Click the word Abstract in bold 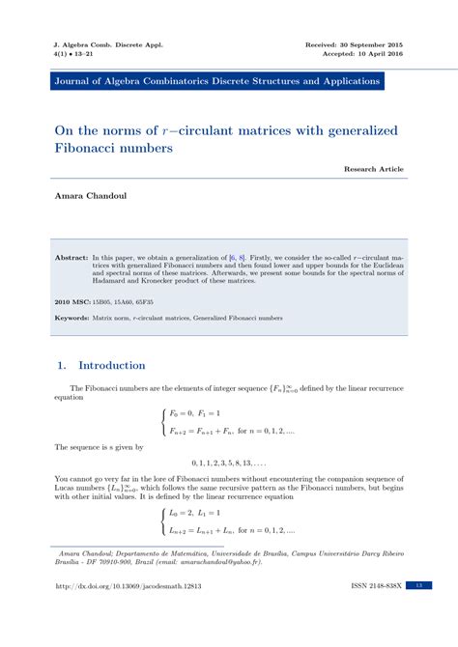[72, 259]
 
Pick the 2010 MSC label [73, 301]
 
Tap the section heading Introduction [111, 366]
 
